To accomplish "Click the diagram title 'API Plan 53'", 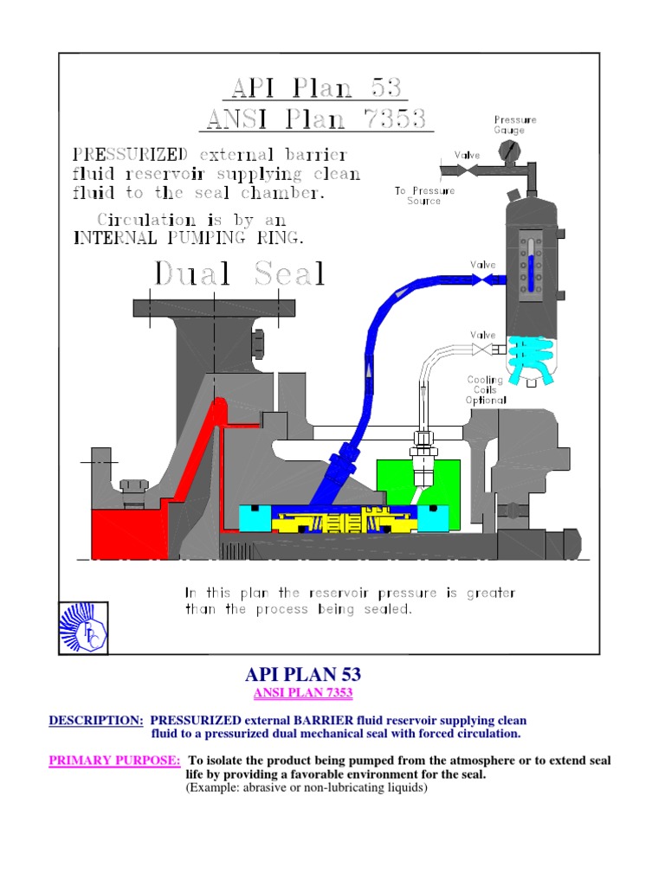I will pyautogui.click(x=317, y=88).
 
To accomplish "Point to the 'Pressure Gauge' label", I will pyautogui.click(x=515, y=125).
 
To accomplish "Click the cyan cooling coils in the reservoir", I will pyautogui.click(x=529, y=358).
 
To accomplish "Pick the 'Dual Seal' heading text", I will pyautogui.click(x=239, y=274).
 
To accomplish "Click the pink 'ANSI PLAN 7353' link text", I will pyautogui.click(x=303, y=694).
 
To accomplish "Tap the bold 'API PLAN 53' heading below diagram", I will pyautogui.click(x=303, y=675).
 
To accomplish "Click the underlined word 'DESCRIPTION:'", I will pyautogui.click(x=95, y=721).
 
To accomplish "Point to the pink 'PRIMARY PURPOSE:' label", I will pyautogui.click(x=114, y=761).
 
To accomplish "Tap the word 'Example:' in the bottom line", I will pyautogui.click(x=216, y=788).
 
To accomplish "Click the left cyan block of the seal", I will pyautogui.click(x=255, y=517).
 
